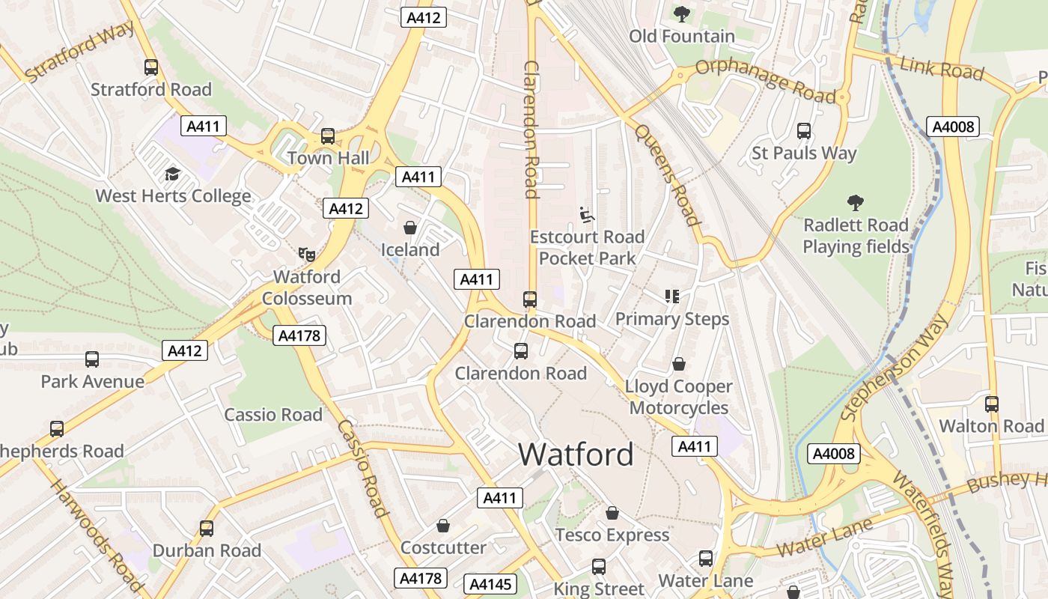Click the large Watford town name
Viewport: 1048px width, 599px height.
click(x=576, y=454)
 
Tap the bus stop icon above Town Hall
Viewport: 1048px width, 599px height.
click(x=328, y=136)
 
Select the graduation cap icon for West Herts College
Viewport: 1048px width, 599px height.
click(x=173, y=174)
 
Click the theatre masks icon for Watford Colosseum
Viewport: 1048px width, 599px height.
click(x=306, y=255)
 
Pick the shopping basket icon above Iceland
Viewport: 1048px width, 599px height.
click(x=410, y=227)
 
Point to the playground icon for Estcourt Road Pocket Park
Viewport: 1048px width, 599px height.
click(x=588, y=215)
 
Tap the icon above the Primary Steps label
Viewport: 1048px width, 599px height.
click(x=672, y=297)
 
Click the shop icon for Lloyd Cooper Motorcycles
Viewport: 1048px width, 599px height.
click(x=679, y=364)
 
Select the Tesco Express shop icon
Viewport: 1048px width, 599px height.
click(x=612, y=513)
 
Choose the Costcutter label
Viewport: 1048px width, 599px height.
click(x=443, y=547)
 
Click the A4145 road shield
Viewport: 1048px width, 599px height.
click(x=490, y=584)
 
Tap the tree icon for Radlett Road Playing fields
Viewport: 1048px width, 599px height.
click(x=856, y=202)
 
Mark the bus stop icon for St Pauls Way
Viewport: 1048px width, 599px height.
click(x=804, y=131)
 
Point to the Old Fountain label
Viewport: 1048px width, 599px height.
click(x=681, y=36)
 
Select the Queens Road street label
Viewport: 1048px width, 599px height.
click(x=667, y=174)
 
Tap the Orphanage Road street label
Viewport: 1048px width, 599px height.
click(x=765, y=80)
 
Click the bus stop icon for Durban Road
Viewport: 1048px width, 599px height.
click(x=207, y=528)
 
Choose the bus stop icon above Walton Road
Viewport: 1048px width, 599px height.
click(x=992, y=404)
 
